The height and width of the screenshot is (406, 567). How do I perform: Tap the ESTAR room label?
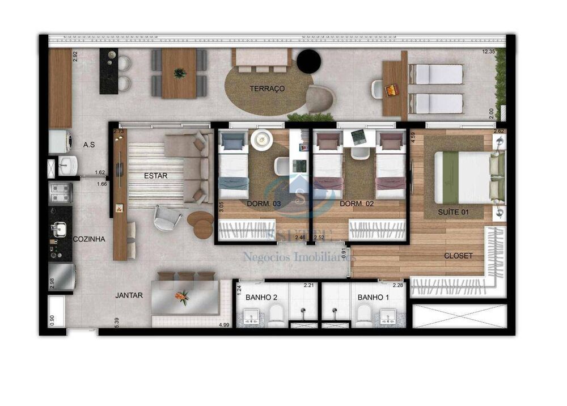[x=155, y=176]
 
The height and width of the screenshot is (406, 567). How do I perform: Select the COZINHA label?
[x=89, y=239]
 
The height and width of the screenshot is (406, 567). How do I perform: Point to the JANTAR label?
[x=129, y=295]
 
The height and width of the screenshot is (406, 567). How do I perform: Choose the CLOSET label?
[x=458, y=256]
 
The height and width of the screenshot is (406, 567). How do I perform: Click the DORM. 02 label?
[x=355, y=203]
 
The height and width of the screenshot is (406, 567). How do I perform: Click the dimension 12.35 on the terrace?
[x=489, y=52]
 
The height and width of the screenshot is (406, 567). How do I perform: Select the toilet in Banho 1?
[x=363, y=314]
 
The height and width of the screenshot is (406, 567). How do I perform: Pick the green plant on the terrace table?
[x=180, y=73]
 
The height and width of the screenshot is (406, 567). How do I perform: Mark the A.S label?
[x=88, y=145]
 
